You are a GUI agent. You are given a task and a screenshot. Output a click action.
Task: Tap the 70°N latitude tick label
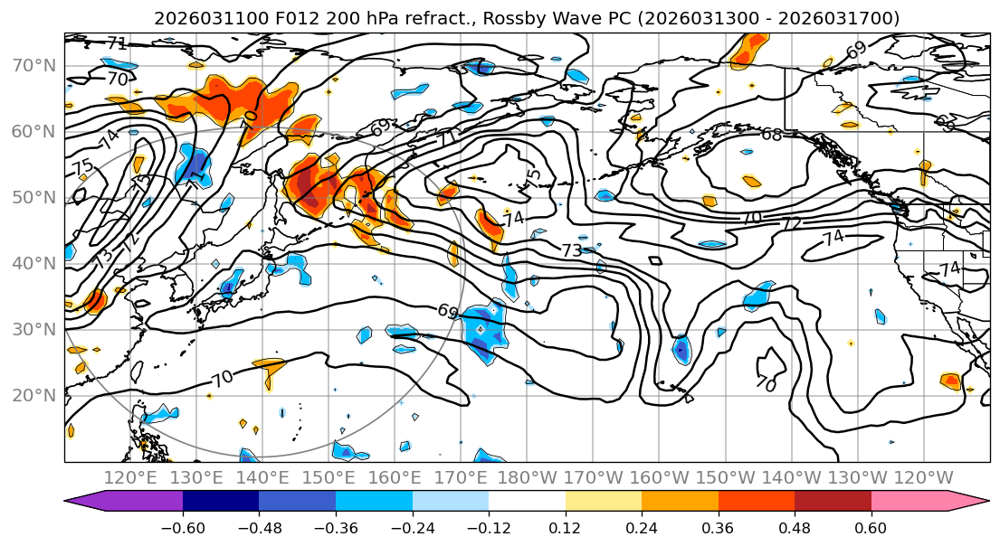33,65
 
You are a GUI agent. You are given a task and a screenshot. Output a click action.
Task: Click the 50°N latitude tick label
33,197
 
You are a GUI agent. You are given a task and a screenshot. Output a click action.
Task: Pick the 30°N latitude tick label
33,329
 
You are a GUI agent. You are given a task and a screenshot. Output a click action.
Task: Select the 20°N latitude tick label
33,395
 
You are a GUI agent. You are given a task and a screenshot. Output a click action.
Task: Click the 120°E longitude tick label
130,477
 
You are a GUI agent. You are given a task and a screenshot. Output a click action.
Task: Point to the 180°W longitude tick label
528,477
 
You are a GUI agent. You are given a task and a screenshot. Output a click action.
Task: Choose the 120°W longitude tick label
924,477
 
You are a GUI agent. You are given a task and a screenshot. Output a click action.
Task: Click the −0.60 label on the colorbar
183,527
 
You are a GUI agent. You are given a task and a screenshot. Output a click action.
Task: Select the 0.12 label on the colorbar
566,527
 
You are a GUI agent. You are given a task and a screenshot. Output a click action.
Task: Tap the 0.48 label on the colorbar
795,527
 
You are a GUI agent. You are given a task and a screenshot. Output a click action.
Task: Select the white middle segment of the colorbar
527,502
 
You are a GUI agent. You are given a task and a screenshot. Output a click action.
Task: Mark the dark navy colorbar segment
221,502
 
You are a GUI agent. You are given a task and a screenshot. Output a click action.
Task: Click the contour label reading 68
772,135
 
